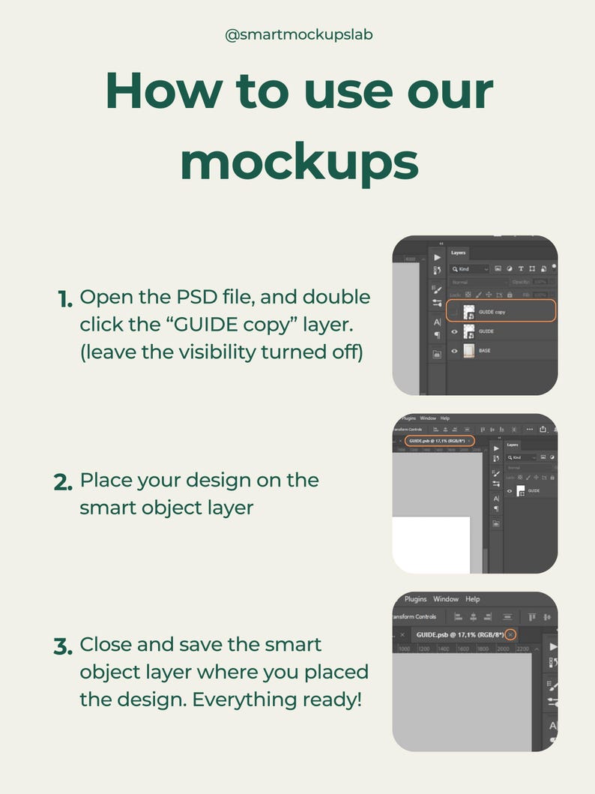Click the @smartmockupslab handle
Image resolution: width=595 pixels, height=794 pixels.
coord(298,34)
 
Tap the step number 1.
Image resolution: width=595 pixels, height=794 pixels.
coord(65,299)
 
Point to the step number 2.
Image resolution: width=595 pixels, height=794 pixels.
coord(64,482)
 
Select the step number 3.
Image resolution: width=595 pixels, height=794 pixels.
coord(64,646)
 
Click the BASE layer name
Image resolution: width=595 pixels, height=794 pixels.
coord(485,350)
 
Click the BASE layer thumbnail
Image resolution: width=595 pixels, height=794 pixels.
coord(470,350)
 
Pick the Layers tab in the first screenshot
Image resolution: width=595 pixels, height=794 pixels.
coord(458,253)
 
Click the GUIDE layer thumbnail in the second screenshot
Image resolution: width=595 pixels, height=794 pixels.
coord(521,491)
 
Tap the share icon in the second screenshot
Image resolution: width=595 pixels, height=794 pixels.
coord(543,429)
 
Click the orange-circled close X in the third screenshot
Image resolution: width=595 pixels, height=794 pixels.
coord(510,634)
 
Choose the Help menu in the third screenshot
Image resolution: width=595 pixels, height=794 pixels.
coord(472,599)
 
